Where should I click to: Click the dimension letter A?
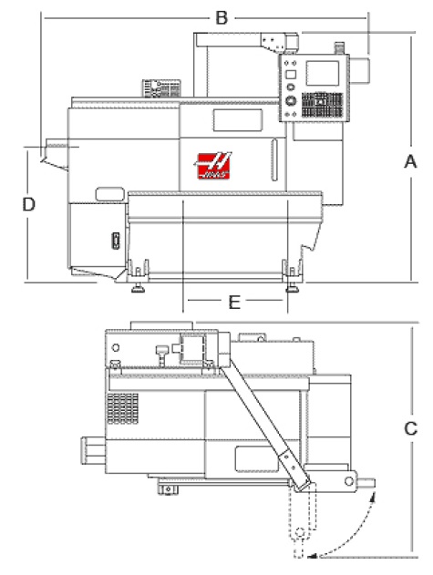pyautogui.click(x=410, y=161)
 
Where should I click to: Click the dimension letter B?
pyautogui.click(x=222, y=17)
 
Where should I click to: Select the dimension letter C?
pyautogui.click(x=410, y=428)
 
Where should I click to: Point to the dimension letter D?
pyautogui.click(x=28, y=204)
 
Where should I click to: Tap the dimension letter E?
pyautogui.click(x=234, y=303)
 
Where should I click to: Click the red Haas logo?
pyautogui.click(x=213, y=166)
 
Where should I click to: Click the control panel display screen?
pyautogui.click(x=323, y=73)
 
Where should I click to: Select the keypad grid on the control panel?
pyautogui.click(x=322, y=105)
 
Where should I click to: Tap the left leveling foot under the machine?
pyautogui.click(x=138, y=288)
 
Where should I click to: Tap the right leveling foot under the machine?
pyautogui.click(x=292, y=288)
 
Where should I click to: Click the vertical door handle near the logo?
pyautogui.click(x=274, y=159)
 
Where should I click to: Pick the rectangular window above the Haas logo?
pyautogui.click(x=238, y=120)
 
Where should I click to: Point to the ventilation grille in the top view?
pyautogui.click(x=122, y=408)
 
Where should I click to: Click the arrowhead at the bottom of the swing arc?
pyautogui.click(x=312, y=556)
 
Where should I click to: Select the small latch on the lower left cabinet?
pyautogui.click(x=116, y=241)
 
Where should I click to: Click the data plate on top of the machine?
pyautogui.click(x=161, y=88)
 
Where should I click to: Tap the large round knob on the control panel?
pyautogui.click(x=291, y=100)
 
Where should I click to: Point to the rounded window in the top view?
pyautogui.click(x=256, y=458)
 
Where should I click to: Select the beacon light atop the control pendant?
pyautogui.click(x=339, y=48)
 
